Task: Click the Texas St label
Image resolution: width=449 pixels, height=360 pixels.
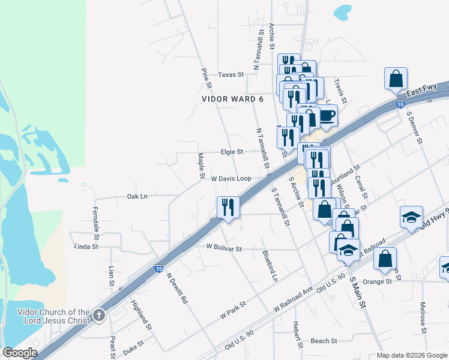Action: point(231,75)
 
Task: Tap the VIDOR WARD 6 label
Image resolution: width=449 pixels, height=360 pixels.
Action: point(232,99)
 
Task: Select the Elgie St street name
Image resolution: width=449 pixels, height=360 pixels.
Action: point(231,152)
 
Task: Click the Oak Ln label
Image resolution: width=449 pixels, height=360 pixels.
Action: point(137,196)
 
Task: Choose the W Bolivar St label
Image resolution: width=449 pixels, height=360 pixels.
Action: point(223,248)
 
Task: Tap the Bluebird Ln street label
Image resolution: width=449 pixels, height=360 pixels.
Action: point(270,266)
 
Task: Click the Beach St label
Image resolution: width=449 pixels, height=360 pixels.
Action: point(324,341)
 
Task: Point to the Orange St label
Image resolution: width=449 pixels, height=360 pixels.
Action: point(377,281)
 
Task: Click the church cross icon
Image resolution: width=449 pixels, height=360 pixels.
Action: point(100,315)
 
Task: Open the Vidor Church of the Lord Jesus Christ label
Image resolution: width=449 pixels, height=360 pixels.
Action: point(54,316)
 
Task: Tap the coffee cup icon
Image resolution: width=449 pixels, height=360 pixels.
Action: point(327,115)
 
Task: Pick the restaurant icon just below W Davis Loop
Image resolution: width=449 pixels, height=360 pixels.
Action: point(228,208)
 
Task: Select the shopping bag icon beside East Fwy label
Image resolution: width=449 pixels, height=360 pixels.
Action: point(396,79)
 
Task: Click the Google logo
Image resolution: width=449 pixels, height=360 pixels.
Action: point(19,353)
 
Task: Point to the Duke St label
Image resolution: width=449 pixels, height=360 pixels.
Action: point(133,347)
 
